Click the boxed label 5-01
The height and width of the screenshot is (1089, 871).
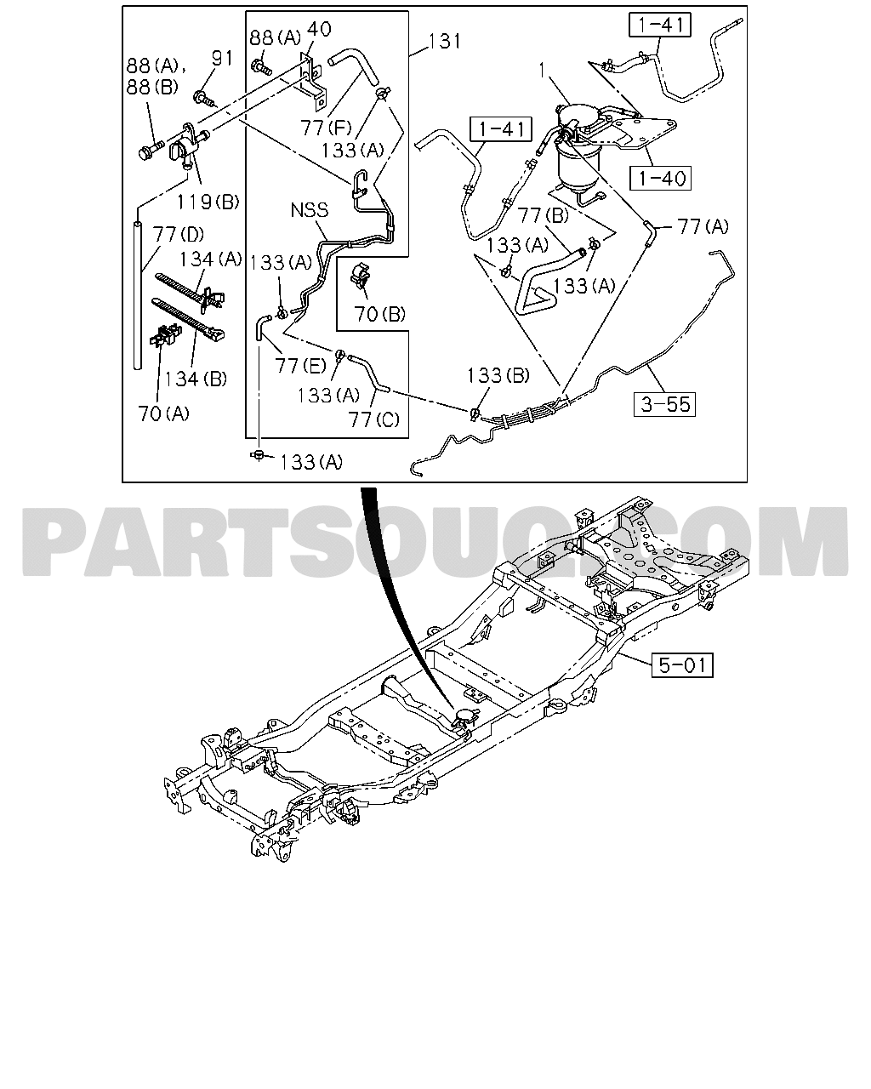click(681, 665)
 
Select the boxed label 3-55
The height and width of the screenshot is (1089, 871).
click(664, 404)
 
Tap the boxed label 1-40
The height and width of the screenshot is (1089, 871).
click(661, 178)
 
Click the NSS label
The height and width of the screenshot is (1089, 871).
click(310, 209)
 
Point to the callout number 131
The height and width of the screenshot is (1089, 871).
click(445, 41)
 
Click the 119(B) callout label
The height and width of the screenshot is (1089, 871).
click(208, 202)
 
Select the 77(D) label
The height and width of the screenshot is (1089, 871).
click(178, 234)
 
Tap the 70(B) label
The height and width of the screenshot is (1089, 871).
click(379, 314)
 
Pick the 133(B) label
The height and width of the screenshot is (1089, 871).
click(498, 375)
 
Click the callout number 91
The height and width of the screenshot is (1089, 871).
click(222, 58)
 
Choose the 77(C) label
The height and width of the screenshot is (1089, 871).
click(373, 419)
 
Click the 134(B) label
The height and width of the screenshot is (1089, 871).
click(195, 379)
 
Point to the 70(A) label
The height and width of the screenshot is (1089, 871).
click(163, 414)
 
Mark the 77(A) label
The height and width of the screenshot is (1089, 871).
click(703, 226)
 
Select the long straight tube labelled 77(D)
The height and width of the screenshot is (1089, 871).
click(137, 294)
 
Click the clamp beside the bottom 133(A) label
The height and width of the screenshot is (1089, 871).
click(259, 454)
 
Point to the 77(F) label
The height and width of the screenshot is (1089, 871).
click(326, 128)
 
